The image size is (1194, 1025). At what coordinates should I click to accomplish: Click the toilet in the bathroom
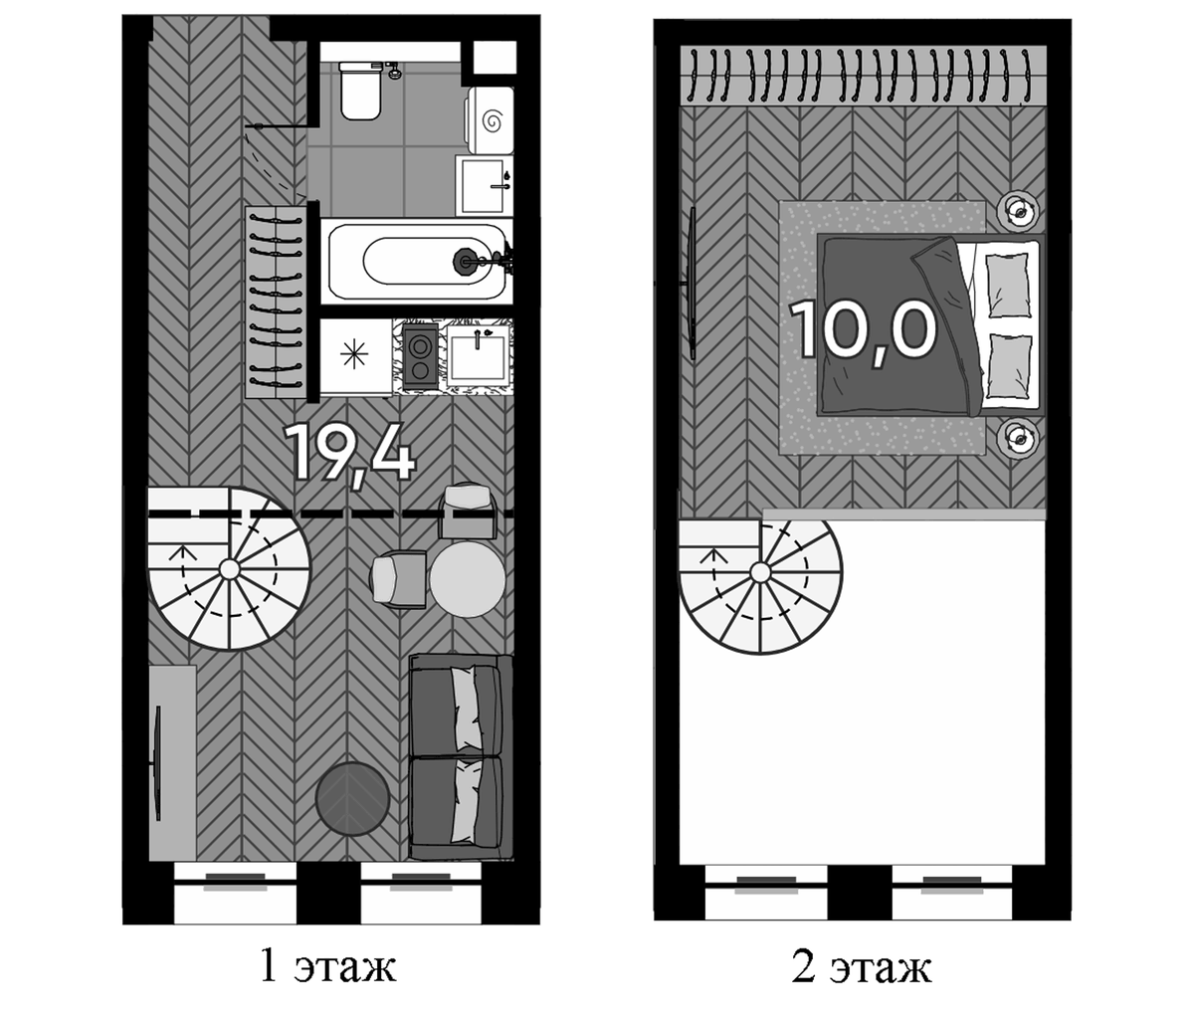(x=361, y=91)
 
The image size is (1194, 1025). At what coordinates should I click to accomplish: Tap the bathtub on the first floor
(x=417, y=261)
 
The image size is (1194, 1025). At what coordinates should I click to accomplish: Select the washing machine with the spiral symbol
(x=491, y=120)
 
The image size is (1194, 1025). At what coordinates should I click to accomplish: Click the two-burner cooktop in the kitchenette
(x=421, y=356)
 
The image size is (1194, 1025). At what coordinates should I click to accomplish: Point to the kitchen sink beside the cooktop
(x=479, y=355)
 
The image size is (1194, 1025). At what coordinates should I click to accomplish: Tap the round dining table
(x=468, y=579)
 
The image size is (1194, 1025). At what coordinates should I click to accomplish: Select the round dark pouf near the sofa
(x=353, y=798)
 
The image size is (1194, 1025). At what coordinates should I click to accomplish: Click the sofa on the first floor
(x=461, y=757)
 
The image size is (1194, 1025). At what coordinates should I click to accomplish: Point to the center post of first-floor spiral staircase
(x=229, y=569)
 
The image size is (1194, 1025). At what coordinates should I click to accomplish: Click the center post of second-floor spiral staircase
(x=761, y=572)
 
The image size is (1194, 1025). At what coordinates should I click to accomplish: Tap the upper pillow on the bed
(x=1008, y=286)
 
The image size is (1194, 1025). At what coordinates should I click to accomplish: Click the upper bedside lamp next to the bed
(x=1020, y=210)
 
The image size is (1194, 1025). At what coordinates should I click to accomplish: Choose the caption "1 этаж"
(x=328, y=965)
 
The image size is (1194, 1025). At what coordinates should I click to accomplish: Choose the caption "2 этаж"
(x=862, y=966)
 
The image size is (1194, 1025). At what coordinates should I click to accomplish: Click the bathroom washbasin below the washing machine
(x=485, y=185)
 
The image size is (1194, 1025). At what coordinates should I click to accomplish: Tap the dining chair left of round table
(x=399, y=579)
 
